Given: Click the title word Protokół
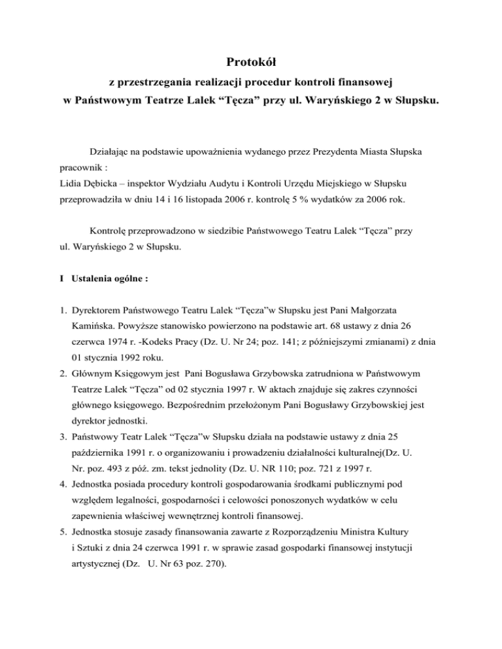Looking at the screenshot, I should tap(251, 63).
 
